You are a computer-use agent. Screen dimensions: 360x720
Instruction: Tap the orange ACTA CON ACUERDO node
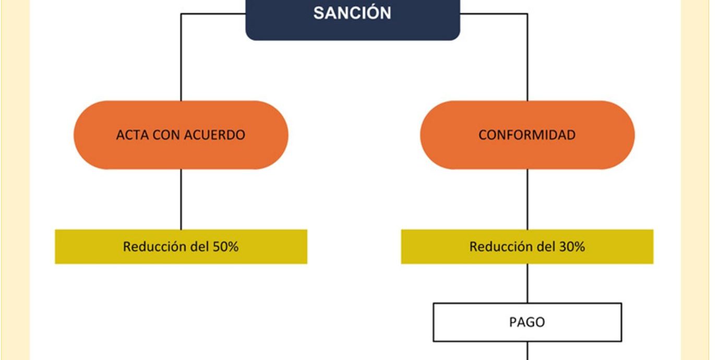[x=181, y=135]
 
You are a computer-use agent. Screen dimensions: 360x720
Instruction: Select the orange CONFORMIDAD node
[x=527, y=135]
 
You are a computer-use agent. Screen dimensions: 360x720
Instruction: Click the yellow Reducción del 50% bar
[x=181, y=246]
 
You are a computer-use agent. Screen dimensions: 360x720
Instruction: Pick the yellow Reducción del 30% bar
[x=527, y=246]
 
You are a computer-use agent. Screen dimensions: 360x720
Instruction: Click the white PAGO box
[x=527, y=322]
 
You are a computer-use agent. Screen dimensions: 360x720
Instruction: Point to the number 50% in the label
[x=225, y=246]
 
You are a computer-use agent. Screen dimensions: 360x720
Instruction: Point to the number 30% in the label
[x=572, y=246]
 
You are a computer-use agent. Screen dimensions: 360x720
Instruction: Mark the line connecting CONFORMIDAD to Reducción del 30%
[x=527, y=199]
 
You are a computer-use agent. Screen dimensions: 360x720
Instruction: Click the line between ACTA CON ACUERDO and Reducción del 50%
[x=181, y=199]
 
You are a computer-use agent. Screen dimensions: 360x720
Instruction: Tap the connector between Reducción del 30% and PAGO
[x=527, y=283]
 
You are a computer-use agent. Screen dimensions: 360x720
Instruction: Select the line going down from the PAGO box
[x=527, y=351]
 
